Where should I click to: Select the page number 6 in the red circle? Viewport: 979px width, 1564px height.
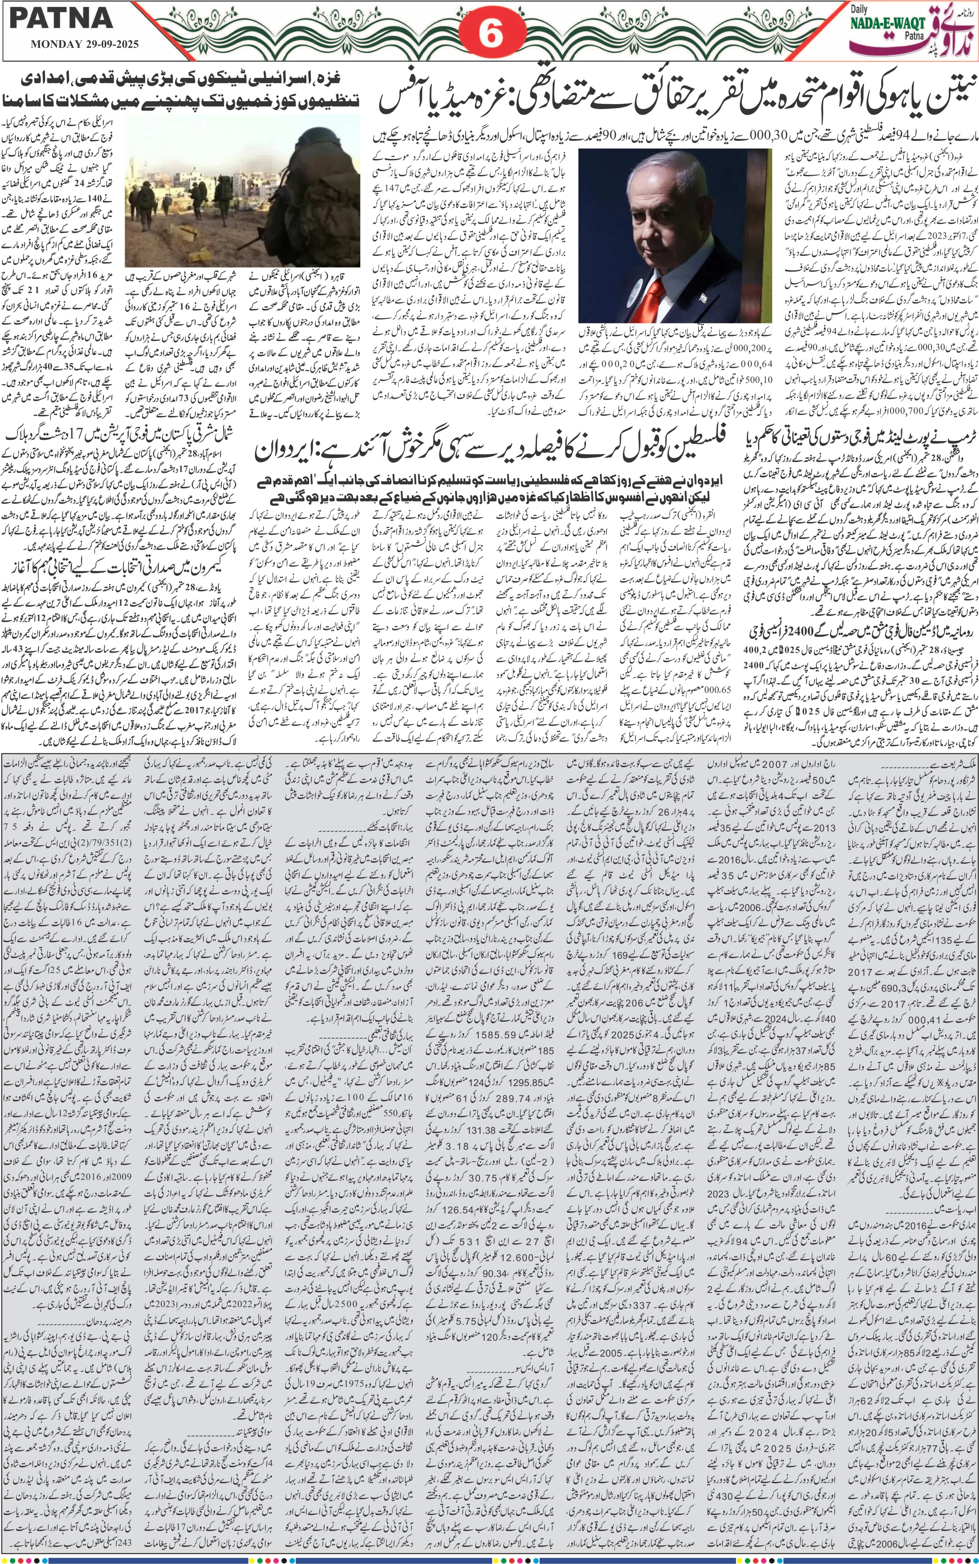coord(490,36)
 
